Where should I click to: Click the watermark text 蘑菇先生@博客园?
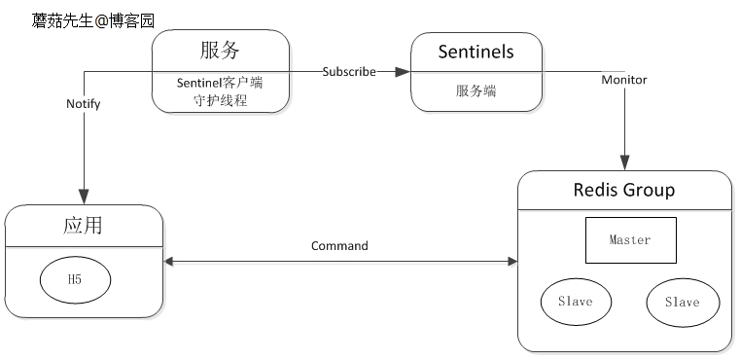(x=92, y=18)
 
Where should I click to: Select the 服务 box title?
(x=220, y=50)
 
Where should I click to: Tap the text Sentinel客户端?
(x=220, y=83)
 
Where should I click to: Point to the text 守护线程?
(x=221, y=99)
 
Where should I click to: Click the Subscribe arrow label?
(x=349, y=71)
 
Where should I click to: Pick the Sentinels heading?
(x=476, y=50)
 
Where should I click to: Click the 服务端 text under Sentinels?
(x=476, y=90)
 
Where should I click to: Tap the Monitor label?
(x=623, y=80)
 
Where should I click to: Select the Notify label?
(x=84, y=103)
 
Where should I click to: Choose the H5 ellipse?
(x=75, y=279)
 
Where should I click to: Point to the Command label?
(x=339, y=246)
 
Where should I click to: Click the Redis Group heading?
(x=624, y=189)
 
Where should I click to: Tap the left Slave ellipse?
(x=577, y=302)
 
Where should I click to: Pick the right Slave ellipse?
(x=683, y=303)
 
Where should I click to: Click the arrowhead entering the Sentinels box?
(x=404, y=71)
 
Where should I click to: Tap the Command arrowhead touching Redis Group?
(x=511, y=261)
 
